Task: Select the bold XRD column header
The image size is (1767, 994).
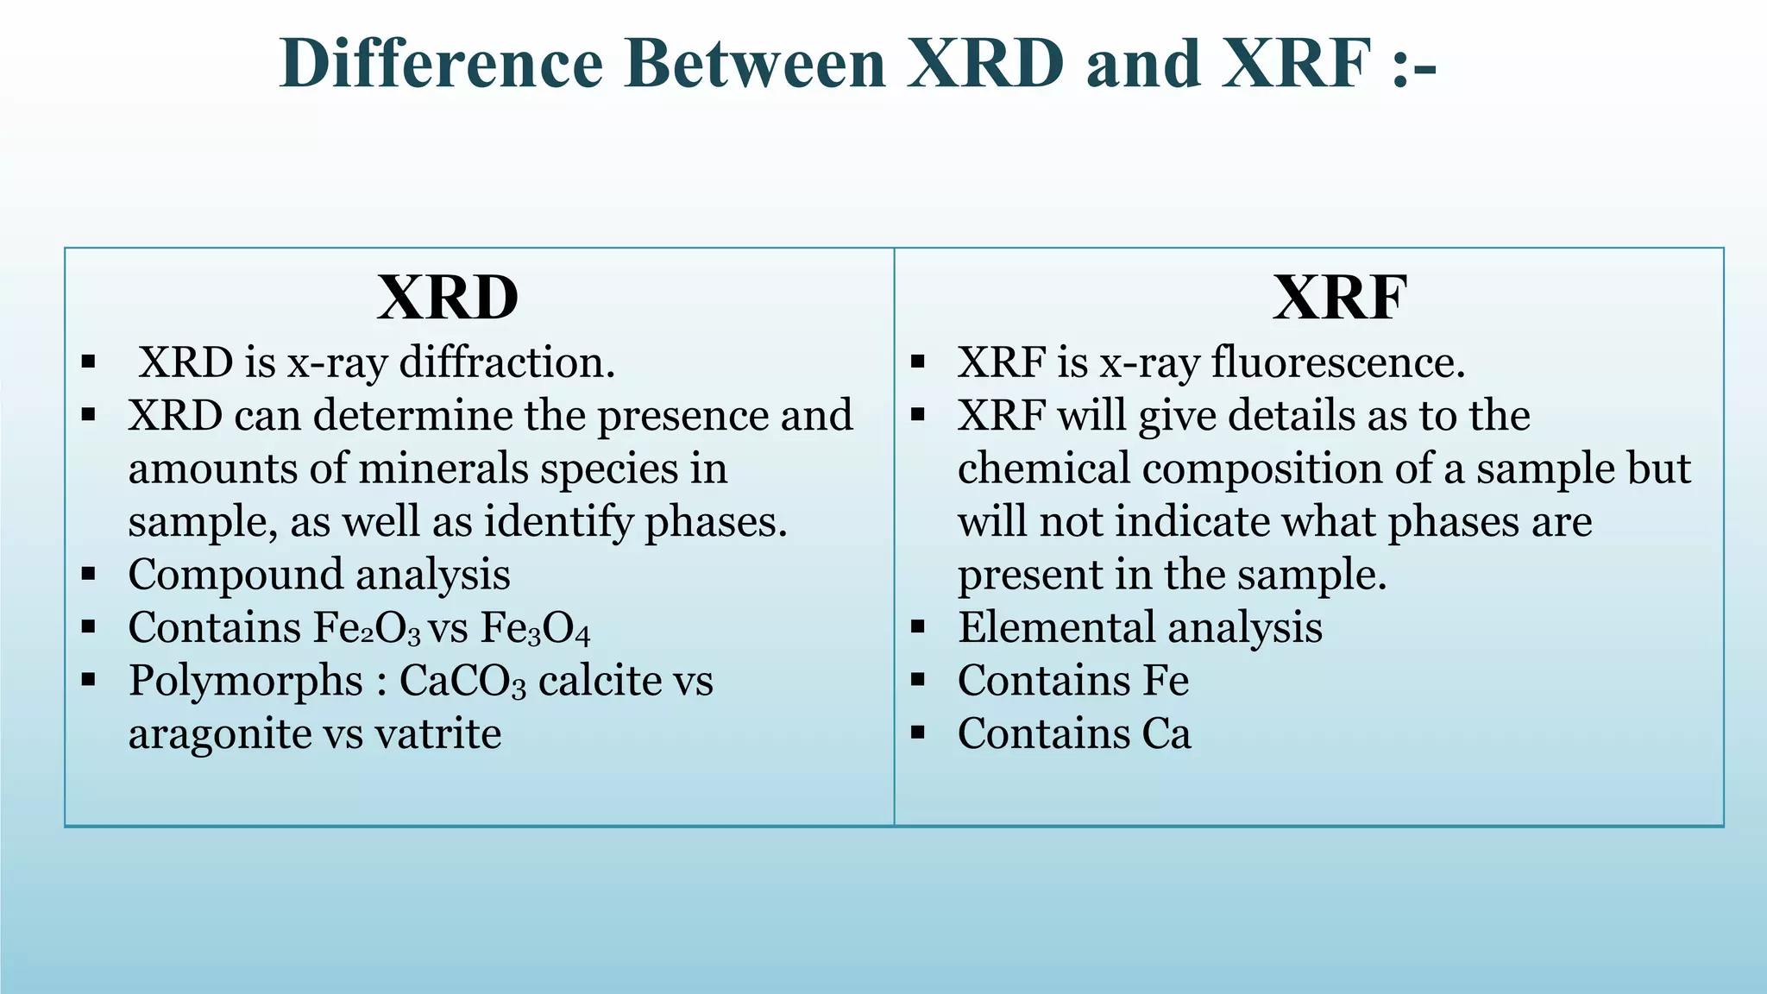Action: [448, 299]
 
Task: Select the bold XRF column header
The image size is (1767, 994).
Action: [1340, 299]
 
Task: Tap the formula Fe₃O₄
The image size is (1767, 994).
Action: [535, 628]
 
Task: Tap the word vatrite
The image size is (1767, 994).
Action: [437, 734]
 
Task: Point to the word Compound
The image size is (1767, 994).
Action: [235, 576]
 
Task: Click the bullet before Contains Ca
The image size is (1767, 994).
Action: [917, 734]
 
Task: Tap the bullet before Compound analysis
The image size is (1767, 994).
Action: [88, 575]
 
